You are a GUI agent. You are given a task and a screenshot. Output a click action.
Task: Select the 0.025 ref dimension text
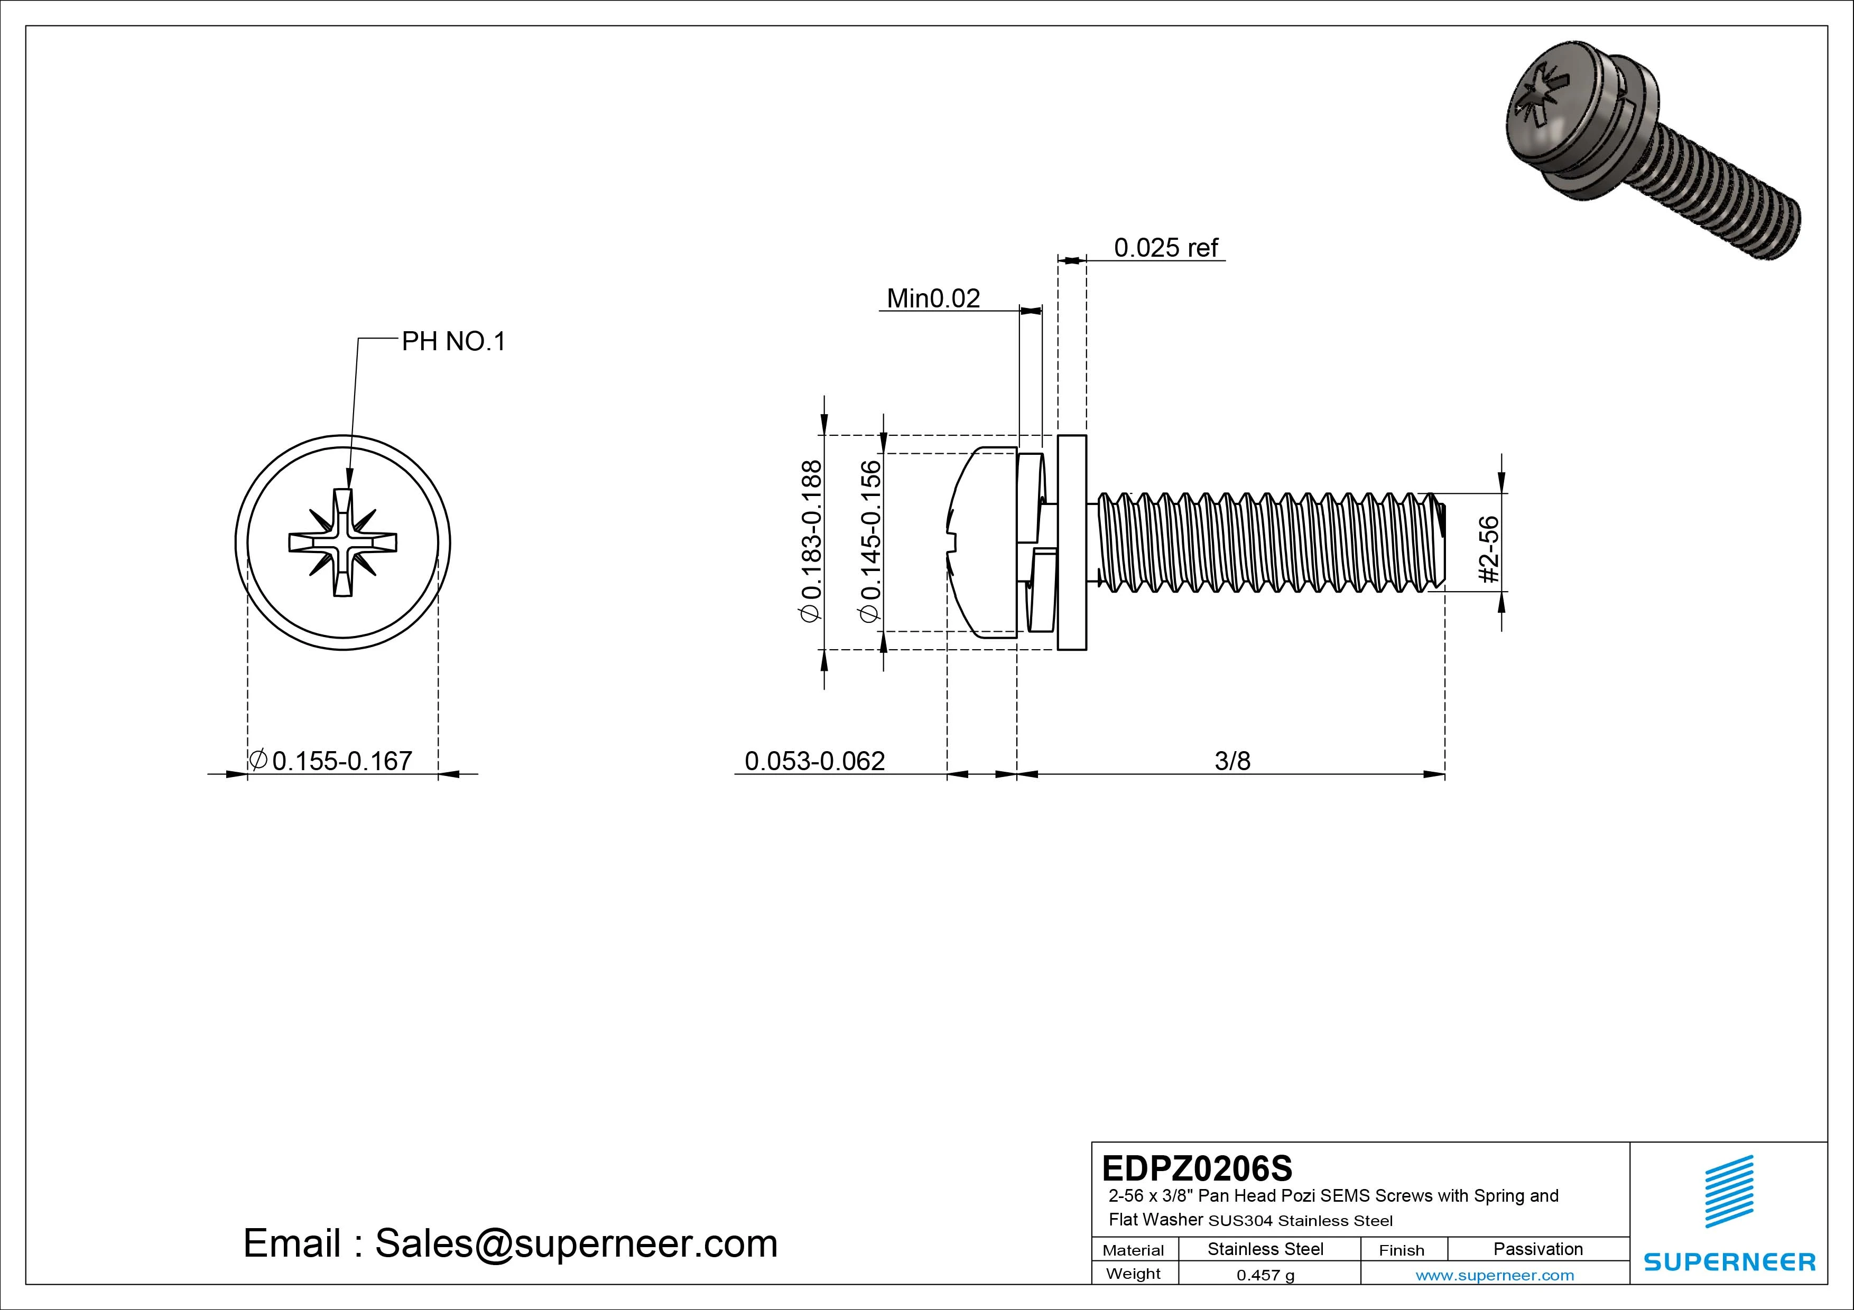(x=1165, y=248)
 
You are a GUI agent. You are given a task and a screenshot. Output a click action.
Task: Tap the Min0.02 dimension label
(x=933, y=298)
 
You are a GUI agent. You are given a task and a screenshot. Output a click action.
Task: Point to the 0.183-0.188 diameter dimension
(x=811, y=541)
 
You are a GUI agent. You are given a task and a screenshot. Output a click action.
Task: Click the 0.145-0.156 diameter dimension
(x=870, y=541)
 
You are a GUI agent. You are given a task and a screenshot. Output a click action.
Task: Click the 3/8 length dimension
(x=1232, y=760)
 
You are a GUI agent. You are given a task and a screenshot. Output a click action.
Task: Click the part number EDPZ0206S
(x=1197, y=1168)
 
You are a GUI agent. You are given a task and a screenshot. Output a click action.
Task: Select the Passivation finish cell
(x=1537, y=1249)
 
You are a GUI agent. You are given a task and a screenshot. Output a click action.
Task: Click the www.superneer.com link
(x=1495, y=1275)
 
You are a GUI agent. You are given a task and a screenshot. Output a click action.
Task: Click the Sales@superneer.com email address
(x=576, y=1243)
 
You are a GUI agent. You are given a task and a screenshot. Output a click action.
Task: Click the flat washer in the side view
(x=1071, y=542)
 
